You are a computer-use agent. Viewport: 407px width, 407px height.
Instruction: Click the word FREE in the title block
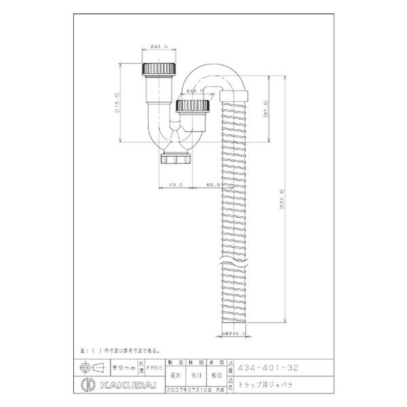(155, 366)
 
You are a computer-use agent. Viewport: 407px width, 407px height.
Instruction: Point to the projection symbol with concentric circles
(88, 366)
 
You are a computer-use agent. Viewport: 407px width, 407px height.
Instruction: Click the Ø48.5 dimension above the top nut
(160, 47)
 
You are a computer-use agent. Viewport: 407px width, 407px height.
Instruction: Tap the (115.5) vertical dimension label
(117, 105)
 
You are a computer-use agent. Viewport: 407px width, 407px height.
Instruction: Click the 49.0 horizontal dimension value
(176, 185)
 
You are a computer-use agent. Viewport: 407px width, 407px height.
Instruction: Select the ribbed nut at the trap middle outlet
(192, 106)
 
